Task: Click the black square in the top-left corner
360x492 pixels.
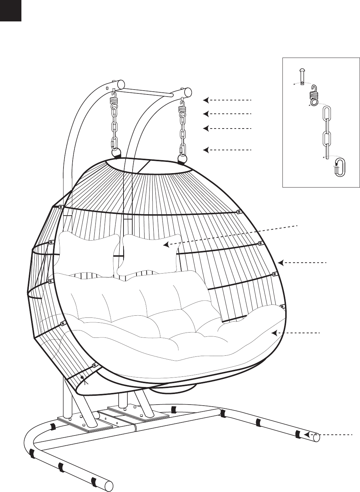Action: click(11, 10)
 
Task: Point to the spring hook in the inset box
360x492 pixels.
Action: click(314, 94)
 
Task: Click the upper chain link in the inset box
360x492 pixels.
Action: click(327, 118)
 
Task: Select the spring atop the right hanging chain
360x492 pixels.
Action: click(182, 106)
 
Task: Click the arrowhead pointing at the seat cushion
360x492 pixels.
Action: click(274, 333)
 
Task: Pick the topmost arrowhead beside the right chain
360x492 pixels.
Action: click(206, 100)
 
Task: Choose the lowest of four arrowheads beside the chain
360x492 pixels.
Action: click(206, 150)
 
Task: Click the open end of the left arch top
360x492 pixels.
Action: click(121, 84)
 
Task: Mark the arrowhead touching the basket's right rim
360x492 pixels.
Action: click(280, 262)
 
